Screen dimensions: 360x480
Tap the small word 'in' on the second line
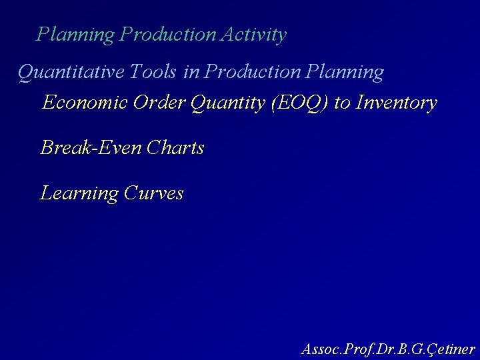(191, 71)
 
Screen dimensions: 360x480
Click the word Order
(159, 103)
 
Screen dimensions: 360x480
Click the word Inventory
(397, 103)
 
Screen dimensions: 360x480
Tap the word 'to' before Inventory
(342, 103)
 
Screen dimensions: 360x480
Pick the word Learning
(79, 193)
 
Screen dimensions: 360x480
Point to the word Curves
(154, 193)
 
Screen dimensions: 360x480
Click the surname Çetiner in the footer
(451, 348)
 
